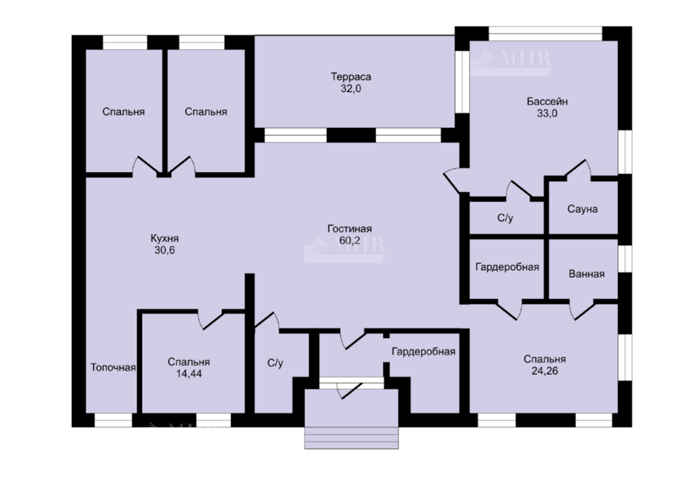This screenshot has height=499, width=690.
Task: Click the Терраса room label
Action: click(x=351, y=77)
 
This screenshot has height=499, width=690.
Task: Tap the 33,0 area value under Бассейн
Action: click(x=547, y=113)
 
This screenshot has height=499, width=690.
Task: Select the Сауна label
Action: click(x=582, y=209)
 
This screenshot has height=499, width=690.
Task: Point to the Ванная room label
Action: click(x=586, y=274)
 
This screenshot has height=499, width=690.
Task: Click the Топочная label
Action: click(x=113, y=367)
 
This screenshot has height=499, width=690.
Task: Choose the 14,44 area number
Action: click(x=189, y=374)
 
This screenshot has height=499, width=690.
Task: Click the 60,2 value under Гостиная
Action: click(x=349, y=241)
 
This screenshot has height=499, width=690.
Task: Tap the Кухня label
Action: click(x=165, y=238)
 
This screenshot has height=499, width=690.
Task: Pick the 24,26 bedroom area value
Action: click(x=544, y=371)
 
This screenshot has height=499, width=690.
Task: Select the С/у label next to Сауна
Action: click(x=505, y=218)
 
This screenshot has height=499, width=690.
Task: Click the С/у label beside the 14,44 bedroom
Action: click(x=275, y=363)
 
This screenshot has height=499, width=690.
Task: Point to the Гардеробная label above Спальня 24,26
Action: click(x=507, y=267)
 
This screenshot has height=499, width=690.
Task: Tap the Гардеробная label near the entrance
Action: click(x=424, y=352)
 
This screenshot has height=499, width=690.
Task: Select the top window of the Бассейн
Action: click(x=545, y=33)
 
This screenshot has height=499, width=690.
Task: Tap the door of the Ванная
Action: click(x=582, y=310)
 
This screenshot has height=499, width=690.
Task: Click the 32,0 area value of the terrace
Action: click(x=351, y=88)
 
